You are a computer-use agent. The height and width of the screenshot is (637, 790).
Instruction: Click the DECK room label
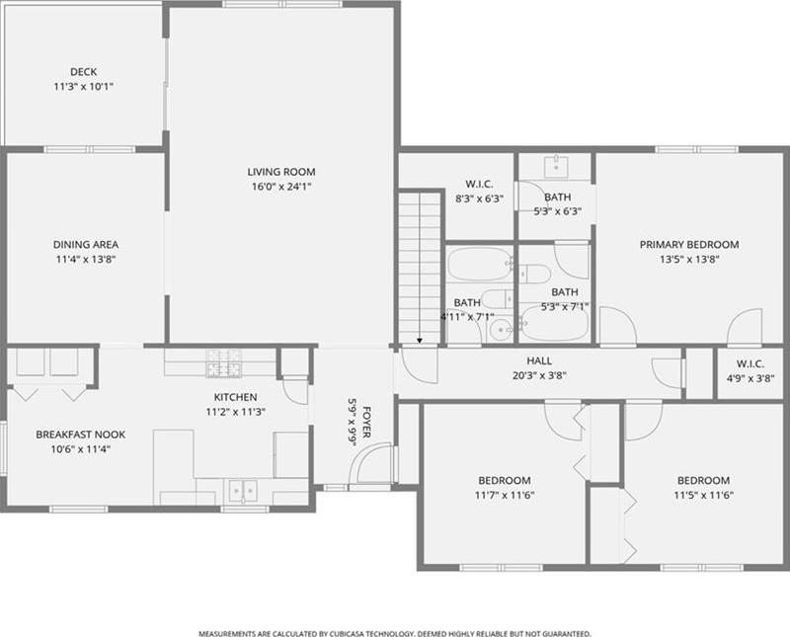pos(84,72)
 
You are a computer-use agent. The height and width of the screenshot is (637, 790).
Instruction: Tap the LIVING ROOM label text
pos(281,172)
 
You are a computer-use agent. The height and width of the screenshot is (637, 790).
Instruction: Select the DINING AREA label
pos(86,245)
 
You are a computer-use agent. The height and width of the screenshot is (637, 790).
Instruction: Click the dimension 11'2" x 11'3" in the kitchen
pos(235,412)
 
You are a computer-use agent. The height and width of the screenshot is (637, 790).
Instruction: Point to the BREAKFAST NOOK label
pos(81,435)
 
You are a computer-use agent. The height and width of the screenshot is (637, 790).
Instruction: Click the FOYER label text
pos(367,423)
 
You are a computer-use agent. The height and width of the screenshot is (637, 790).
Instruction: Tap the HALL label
pos(539,360)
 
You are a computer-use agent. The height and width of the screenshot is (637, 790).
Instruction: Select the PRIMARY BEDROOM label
pos(689,245)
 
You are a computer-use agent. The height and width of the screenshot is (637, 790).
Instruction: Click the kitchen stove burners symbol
pos(224,362)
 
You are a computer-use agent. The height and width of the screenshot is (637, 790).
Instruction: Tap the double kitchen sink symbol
pos(243,491)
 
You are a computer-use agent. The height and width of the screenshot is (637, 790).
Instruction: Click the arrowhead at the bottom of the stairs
pos(420,341)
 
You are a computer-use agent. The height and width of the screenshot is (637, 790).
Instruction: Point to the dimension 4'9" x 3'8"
pos(750,378)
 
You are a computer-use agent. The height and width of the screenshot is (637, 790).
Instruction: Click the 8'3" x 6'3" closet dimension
pos(480,199)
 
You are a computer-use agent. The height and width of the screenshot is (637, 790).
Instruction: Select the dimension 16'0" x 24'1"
pos(281,187)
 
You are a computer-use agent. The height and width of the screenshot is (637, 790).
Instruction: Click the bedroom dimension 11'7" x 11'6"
pos(505,496)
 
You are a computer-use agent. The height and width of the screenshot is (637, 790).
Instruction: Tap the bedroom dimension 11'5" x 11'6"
pos(703,496)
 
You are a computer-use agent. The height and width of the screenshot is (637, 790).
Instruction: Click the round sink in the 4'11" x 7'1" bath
pos(500,331)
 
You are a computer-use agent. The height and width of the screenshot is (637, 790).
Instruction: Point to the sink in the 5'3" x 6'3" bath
pos(556,165)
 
